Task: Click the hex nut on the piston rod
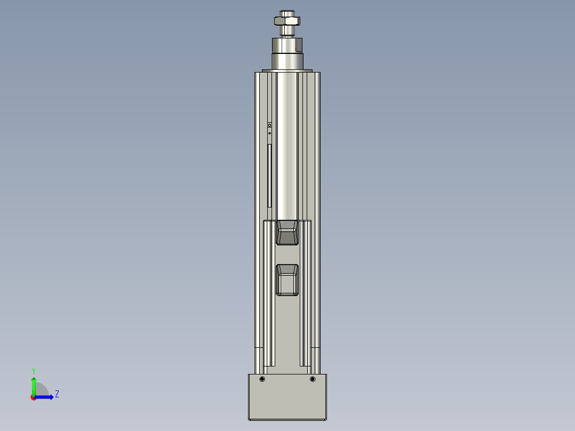click(x=287, y=21)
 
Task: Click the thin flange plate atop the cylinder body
click(x=287, y=70)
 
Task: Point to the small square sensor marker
click(x=269, y=125)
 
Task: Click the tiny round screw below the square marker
click(x=269, y=132)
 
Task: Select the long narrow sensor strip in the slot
click(x=269, y=175)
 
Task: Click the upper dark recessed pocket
click(x=287, y=233)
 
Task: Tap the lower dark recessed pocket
click(x=287, y=280)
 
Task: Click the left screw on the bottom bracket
click(x=262, y=379)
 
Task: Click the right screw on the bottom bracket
click(x=313, y=379)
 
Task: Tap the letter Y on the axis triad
click(x=33, y=370)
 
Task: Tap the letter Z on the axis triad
click(x=57, y=394)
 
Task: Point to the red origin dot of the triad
click(x=33, y=397)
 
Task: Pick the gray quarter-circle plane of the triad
click(x=41, y=390)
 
